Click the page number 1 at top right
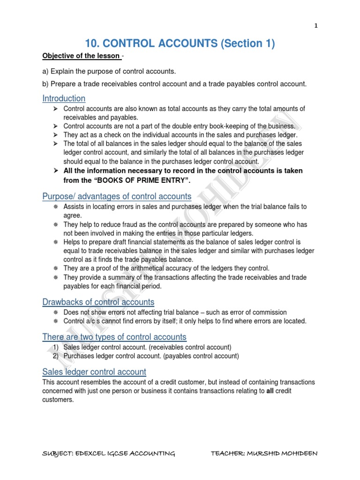click(316, 27)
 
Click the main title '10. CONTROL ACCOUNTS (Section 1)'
click(180, 44)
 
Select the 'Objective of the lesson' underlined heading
click(81, 56)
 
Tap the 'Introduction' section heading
click(64, 98)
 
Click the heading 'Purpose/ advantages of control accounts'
click(117, 196)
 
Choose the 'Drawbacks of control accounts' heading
click(98, 302)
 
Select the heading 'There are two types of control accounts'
click(114, 337)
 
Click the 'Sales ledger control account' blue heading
click(94, 372)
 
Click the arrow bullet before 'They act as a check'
click(55, 135)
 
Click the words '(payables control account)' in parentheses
click(200, 356)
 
